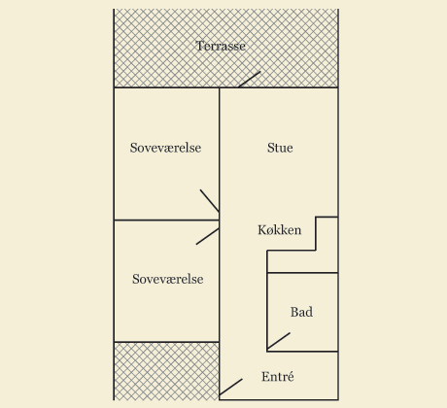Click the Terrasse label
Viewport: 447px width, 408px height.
pos(221,46)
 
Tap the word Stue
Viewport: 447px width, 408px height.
pos(280,148)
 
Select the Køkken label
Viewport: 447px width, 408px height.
pos(280,230)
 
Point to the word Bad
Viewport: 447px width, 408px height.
pos(301,312)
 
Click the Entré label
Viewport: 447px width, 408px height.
pos(278,377)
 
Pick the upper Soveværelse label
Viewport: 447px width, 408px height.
pos(165,148)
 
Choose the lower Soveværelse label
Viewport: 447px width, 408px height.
pos(168,279)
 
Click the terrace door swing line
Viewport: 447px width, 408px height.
pos(249,80)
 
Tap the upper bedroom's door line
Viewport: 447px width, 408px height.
pos(210,201)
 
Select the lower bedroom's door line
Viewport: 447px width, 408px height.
pos(208,236)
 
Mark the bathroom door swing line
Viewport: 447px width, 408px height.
pos(279,341)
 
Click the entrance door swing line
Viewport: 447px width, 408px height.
pos(231,388)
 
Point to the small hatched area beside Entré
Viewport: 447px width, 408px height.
pos(166,371)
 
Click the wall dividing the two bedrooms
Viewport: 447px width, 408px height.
pos(166,221)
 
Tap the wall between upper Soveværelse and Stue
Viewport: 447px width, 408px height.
pos(220,153)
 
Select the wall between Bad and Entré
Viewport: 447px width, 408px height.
pos(302,352)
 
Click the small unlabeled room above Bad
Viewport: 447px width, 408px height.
pos(302,261)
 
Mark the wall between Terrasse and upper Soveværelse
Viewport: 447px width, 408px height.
pos(166,87)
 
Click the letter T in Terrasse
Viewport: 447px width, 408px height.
pos(199,46)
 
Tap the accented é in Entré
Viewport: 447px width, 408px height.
pos(291,377)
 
